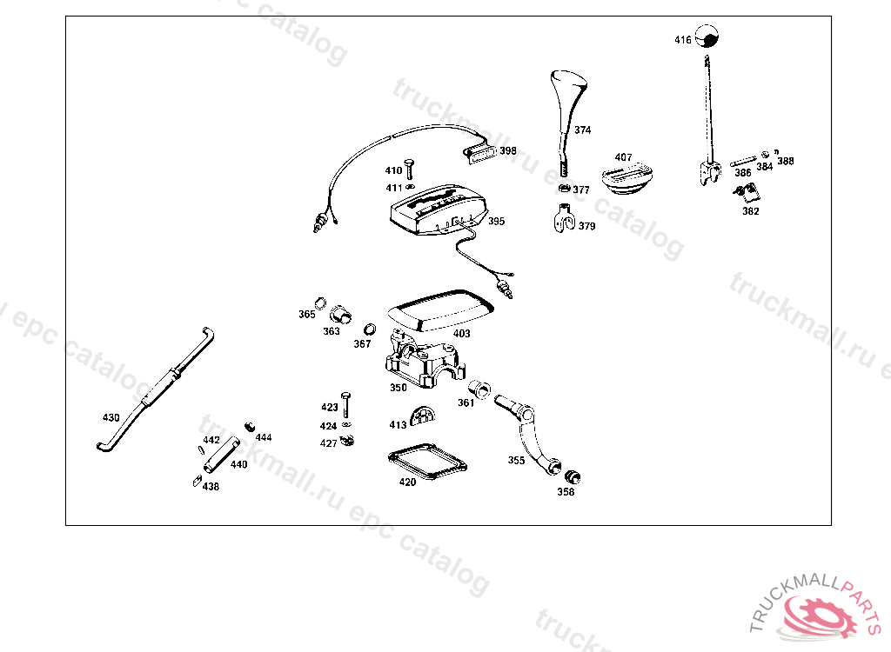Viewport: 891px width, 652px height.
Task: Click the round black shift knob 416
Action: [710, 38]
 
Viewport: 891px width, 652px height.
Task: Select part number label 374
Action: [582, 130]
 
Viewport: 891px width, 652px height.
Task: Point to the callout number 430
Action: [111, 418]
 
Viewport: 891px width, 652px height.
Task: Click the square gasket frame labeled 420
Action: [426, 460]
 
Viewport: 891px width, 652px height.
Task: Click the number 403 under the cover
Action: [461, 334]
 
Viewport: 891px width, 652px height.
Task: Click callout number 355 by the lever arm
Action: [516, 460]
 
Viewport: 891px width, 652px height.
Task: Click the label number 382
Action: [750, 211]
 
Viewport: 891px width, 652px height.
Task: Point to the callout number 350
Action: [398, 388]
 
